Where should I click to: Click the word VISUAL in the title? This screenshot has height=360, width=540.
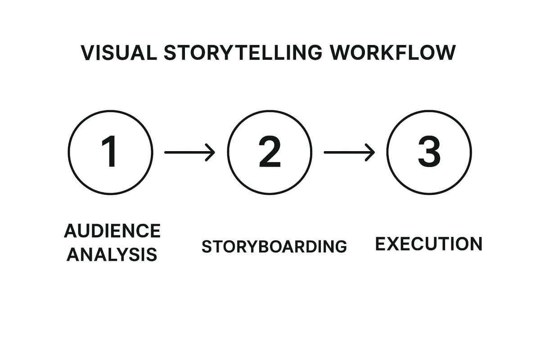click(x=118, y=53)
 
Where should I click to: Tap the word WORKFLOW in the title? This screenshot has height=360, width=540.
click(x=392, y=53)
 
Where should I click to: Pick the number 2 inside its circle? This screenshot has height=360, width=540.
click(x=270, y=152)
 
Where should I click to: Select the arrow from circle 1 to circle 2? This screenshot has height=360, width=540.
click(x=189, y=153)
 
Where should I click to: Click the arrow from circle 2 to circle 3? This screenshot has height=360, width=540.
click(x=349, y=153)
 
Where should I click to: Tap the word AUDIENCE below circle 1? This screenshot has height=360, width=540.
click(x=112, y=231)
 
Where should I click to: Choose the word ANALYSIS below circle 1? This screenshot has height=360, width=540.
click(x=112, y=255)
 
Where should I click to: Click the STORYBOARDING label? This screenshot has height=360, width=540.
click(x=274, y=247)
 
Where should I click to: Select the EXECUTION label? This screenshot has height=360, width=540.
click(x=428, y=244)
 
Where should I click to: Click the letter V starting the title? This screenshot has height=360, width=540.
click(x=87, y=53)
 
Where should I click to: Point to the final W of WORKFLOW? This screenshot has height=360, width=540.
click(x=445, y=53)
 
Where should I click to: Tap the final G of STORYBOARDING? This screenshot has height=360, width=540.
click(x=340, y=247)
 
